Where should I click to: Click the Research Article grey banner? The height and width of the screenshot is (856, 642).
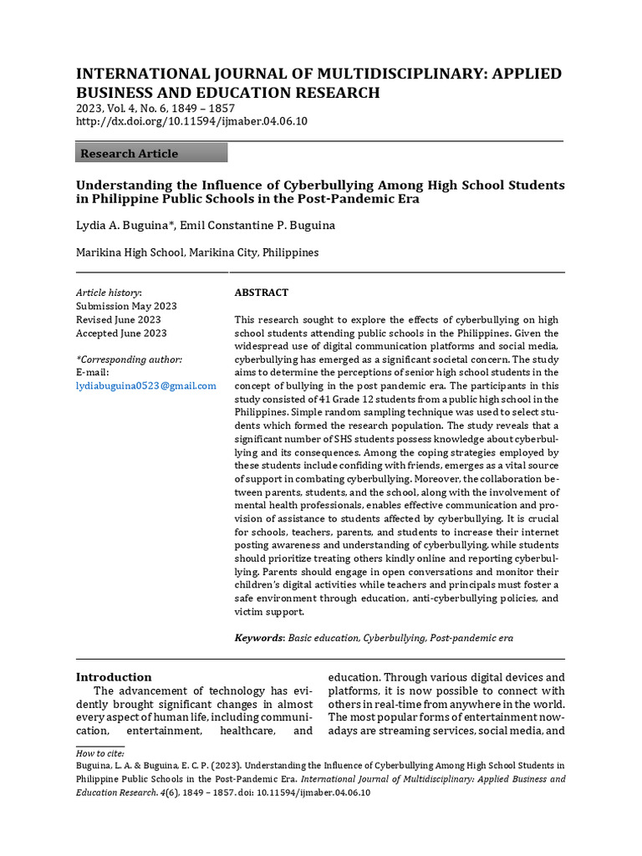point(151,153)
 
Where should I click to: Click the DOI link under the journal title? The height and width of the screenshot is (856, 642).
point(191,121)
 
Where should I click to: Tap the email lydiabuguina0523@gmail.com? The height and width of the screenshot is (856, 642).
point(146,385)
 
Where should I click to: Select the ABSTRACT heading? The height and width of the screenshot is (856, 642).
point(261,293)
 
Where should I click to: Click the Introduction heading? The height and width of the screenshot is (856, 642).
point(114,677)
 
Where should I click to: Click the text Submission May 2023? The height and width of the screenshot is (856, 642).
point(126,306)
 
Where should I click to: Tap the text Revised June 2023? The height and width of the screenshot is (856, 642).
point(119,319)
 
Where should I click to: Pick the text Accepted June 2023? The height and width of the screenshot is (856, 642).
point(121,333)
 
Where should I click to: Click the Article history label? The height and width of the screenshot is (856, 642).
point(109,293)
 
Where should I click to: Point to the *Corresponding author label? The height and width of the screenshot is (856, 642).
point(129,359)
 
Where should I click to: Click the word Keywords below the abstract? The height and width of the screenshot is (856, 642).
point(258,638)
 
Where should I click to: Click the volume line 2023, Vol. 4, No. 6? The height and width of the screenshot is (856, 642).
point(155,109)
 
